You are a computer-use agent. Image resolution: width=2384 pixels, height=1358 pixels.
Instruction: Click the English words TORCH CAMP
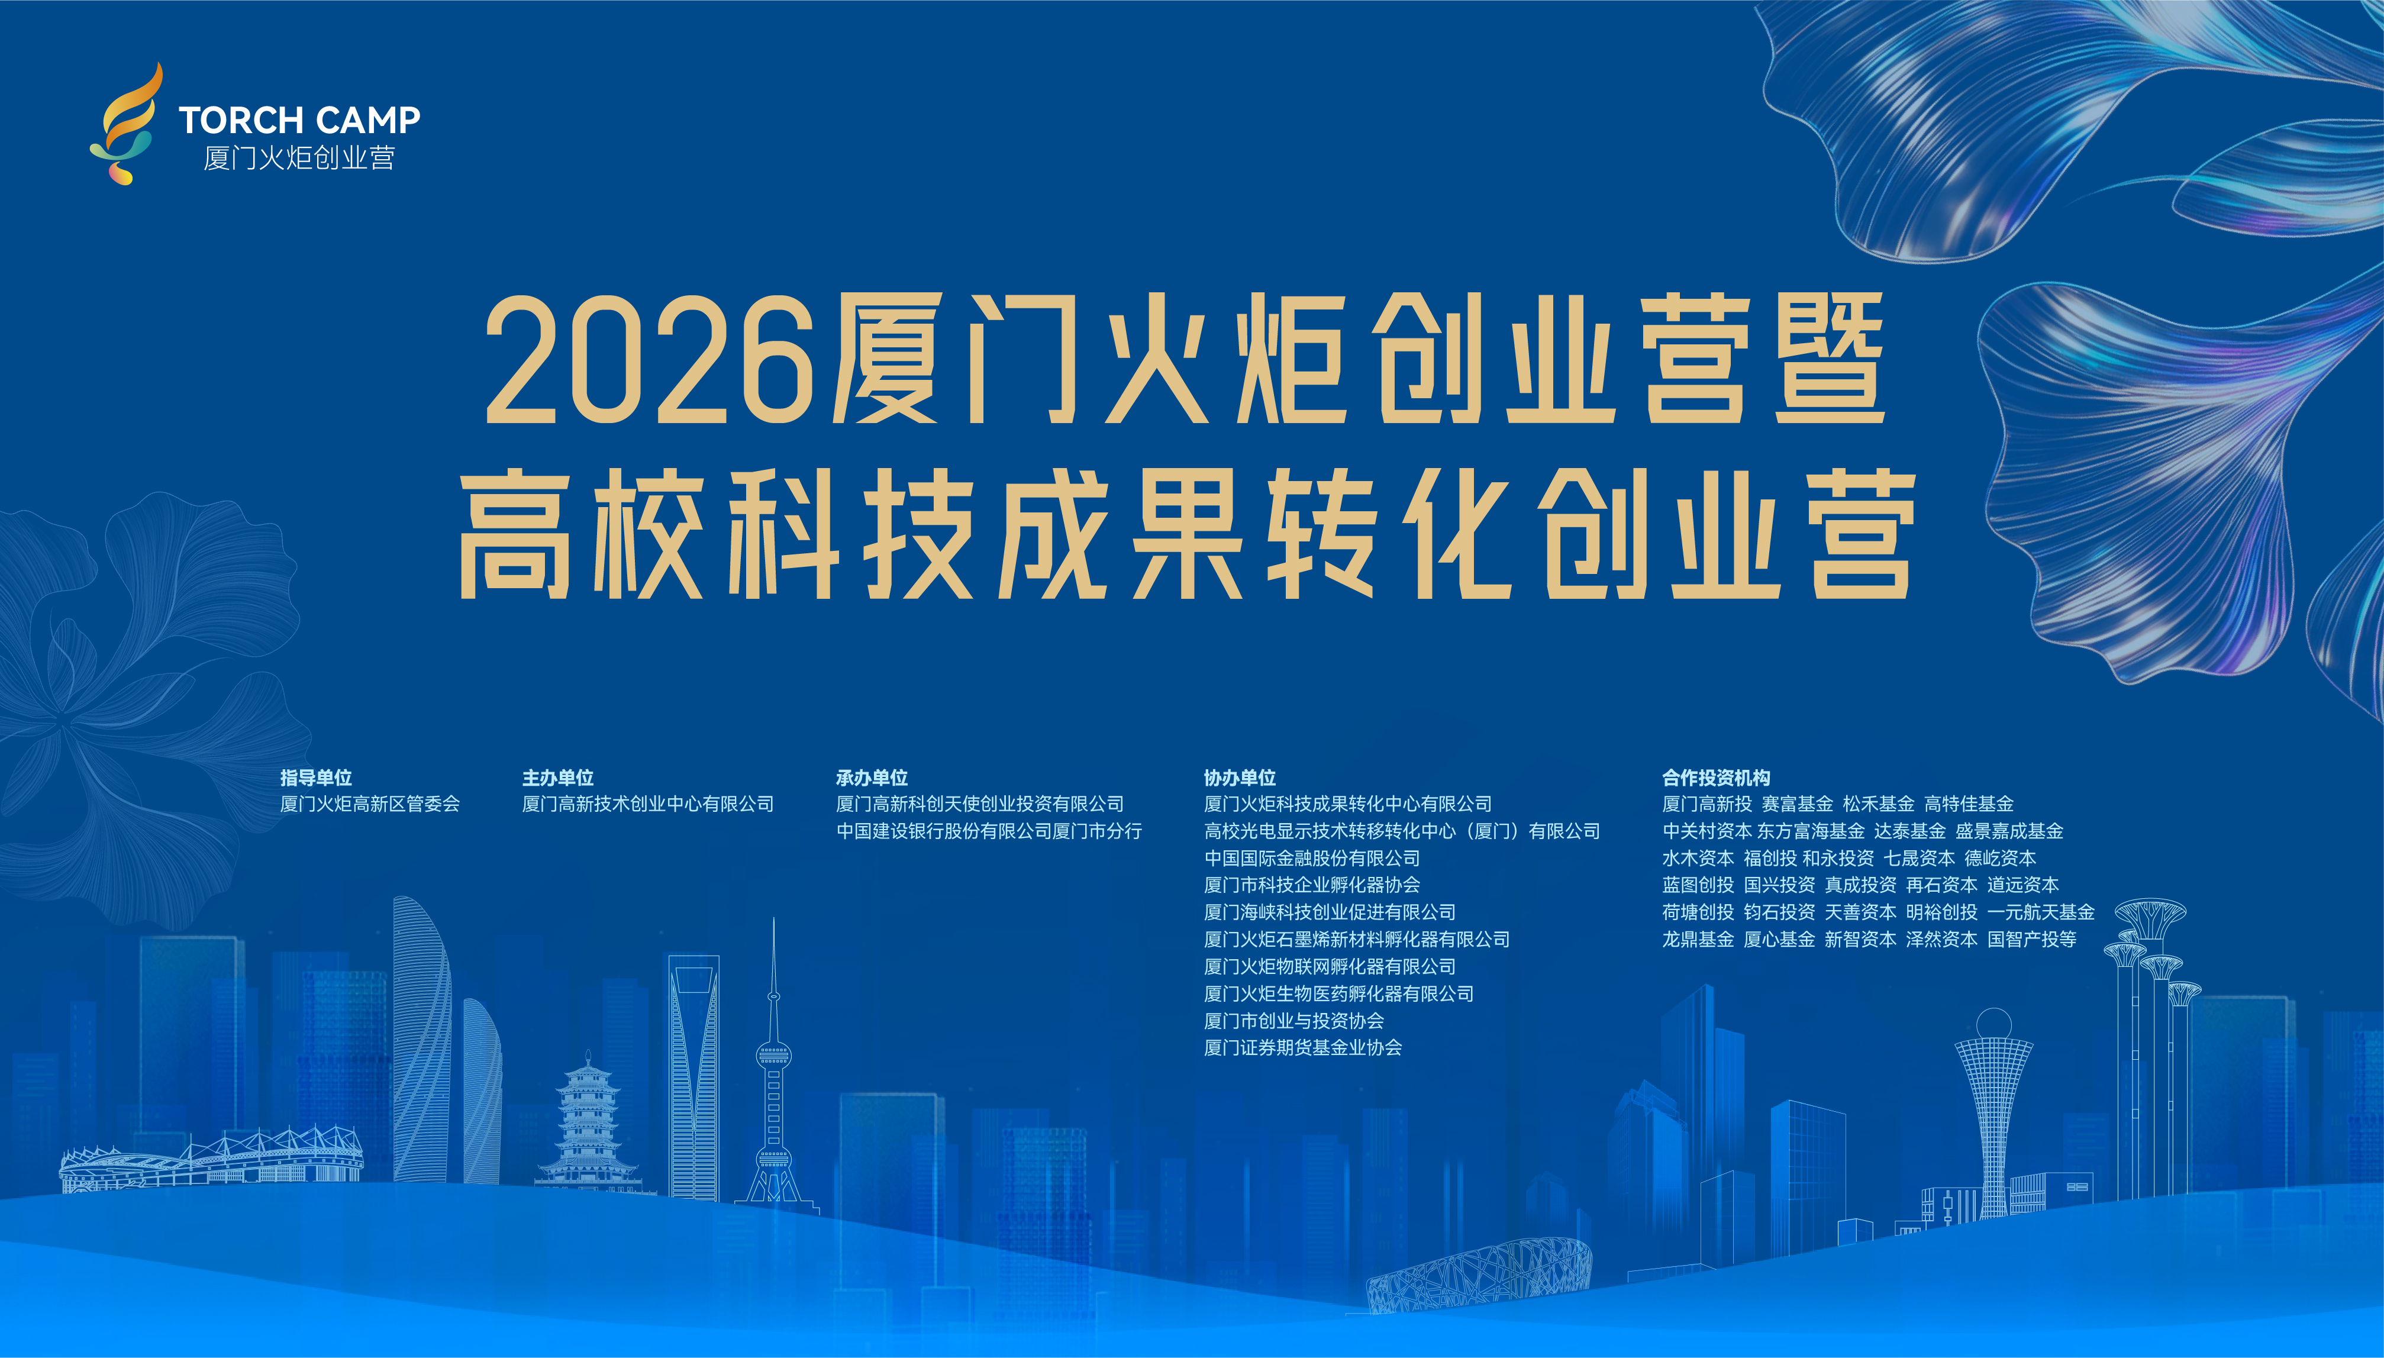click(x=299, y=120)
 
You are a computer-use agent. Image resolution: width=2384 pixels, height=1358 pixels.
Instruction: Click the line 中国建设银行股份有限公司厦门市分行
click(x=989, y=831)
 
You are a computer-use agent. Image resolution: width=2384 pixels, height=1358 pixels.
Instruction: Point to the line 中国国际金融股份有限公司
click(x=1312, y=858)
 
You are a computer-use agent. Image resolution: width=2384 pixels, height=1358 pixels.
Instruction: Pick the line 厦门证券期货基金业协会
click(x=1303, y=1047)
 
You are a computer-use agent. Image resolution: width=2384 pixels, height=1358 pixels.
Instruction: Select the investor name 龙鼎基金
click(x=1698, y=939)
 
